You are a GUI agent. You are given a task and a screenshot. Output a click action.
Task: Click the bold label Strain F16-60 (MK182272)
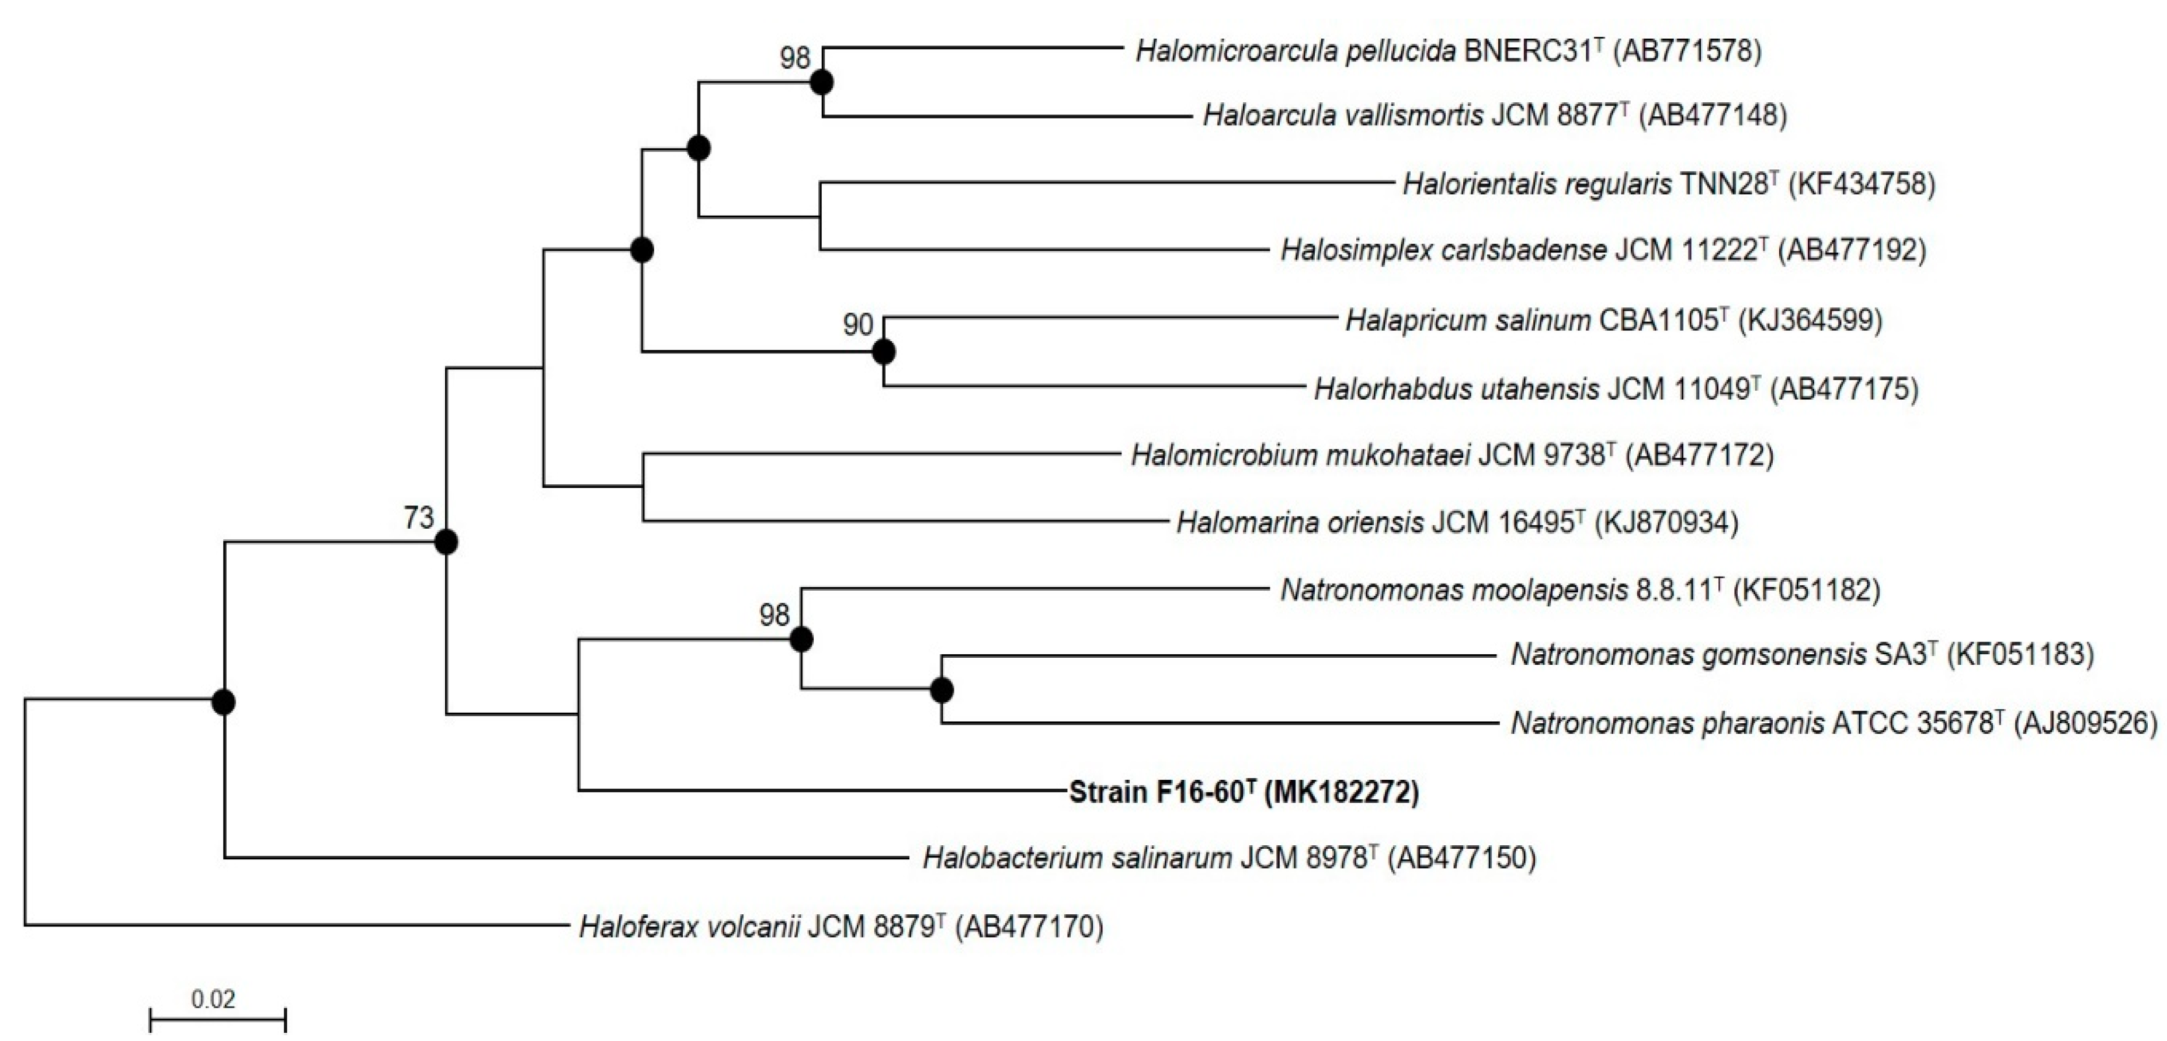tap(1244, 792)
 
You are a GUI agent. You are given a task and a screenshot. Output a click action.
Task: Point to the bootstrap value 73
tap(419, 518)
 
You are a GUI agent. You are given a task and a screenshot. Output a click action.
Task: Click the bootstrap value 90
tap(858, 325)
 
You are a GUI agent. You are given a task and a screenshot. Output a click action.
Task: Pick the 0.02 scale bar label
tap(214, 1000)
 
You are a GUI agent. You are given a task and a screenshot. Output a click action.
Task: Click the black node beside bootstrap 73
tap(447, 543)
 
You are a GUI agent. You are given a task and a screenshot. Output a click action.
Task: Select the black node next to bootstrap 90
tap(883, 352)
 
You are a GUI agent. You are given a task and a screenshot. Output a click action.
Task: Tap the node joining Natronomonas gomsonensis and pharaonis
tap(942, 690)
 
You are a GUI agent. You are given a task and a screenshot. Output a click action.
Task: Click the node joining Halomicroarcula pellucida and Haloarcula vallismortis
tap(822, 82)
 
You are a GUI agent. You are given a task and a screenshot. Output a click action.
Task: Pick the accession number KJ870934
tap(1666, 523)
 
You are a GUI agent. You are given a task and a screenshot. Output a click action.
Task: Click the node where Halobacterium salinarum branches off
tap(223, 702)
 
